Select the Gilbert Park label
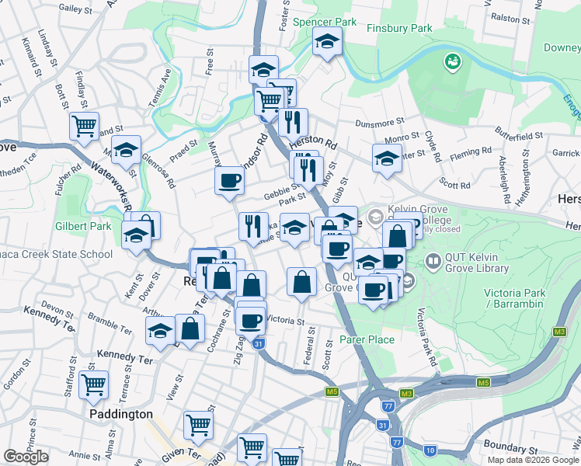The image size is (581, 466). tap(75, 225)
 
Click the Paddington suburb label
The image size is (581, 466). tap(120, 414)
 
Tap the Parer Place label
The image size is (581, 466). tap(367, 339)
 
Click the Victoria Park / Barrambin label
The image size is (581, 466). tap(512, 298)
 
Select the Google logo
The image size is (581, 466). tap(26, 457)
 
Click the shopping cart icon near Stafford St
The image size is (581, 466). tap(94, 383)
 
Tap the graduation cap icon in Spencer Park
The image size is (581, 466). tap(328, 40)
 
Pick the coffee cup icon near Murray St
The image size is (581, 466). tap(229, 182)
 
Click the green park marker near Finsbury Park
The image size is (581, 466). tap(451, 60)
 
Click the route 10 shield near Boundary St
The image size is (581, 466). tap(430, 450)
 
